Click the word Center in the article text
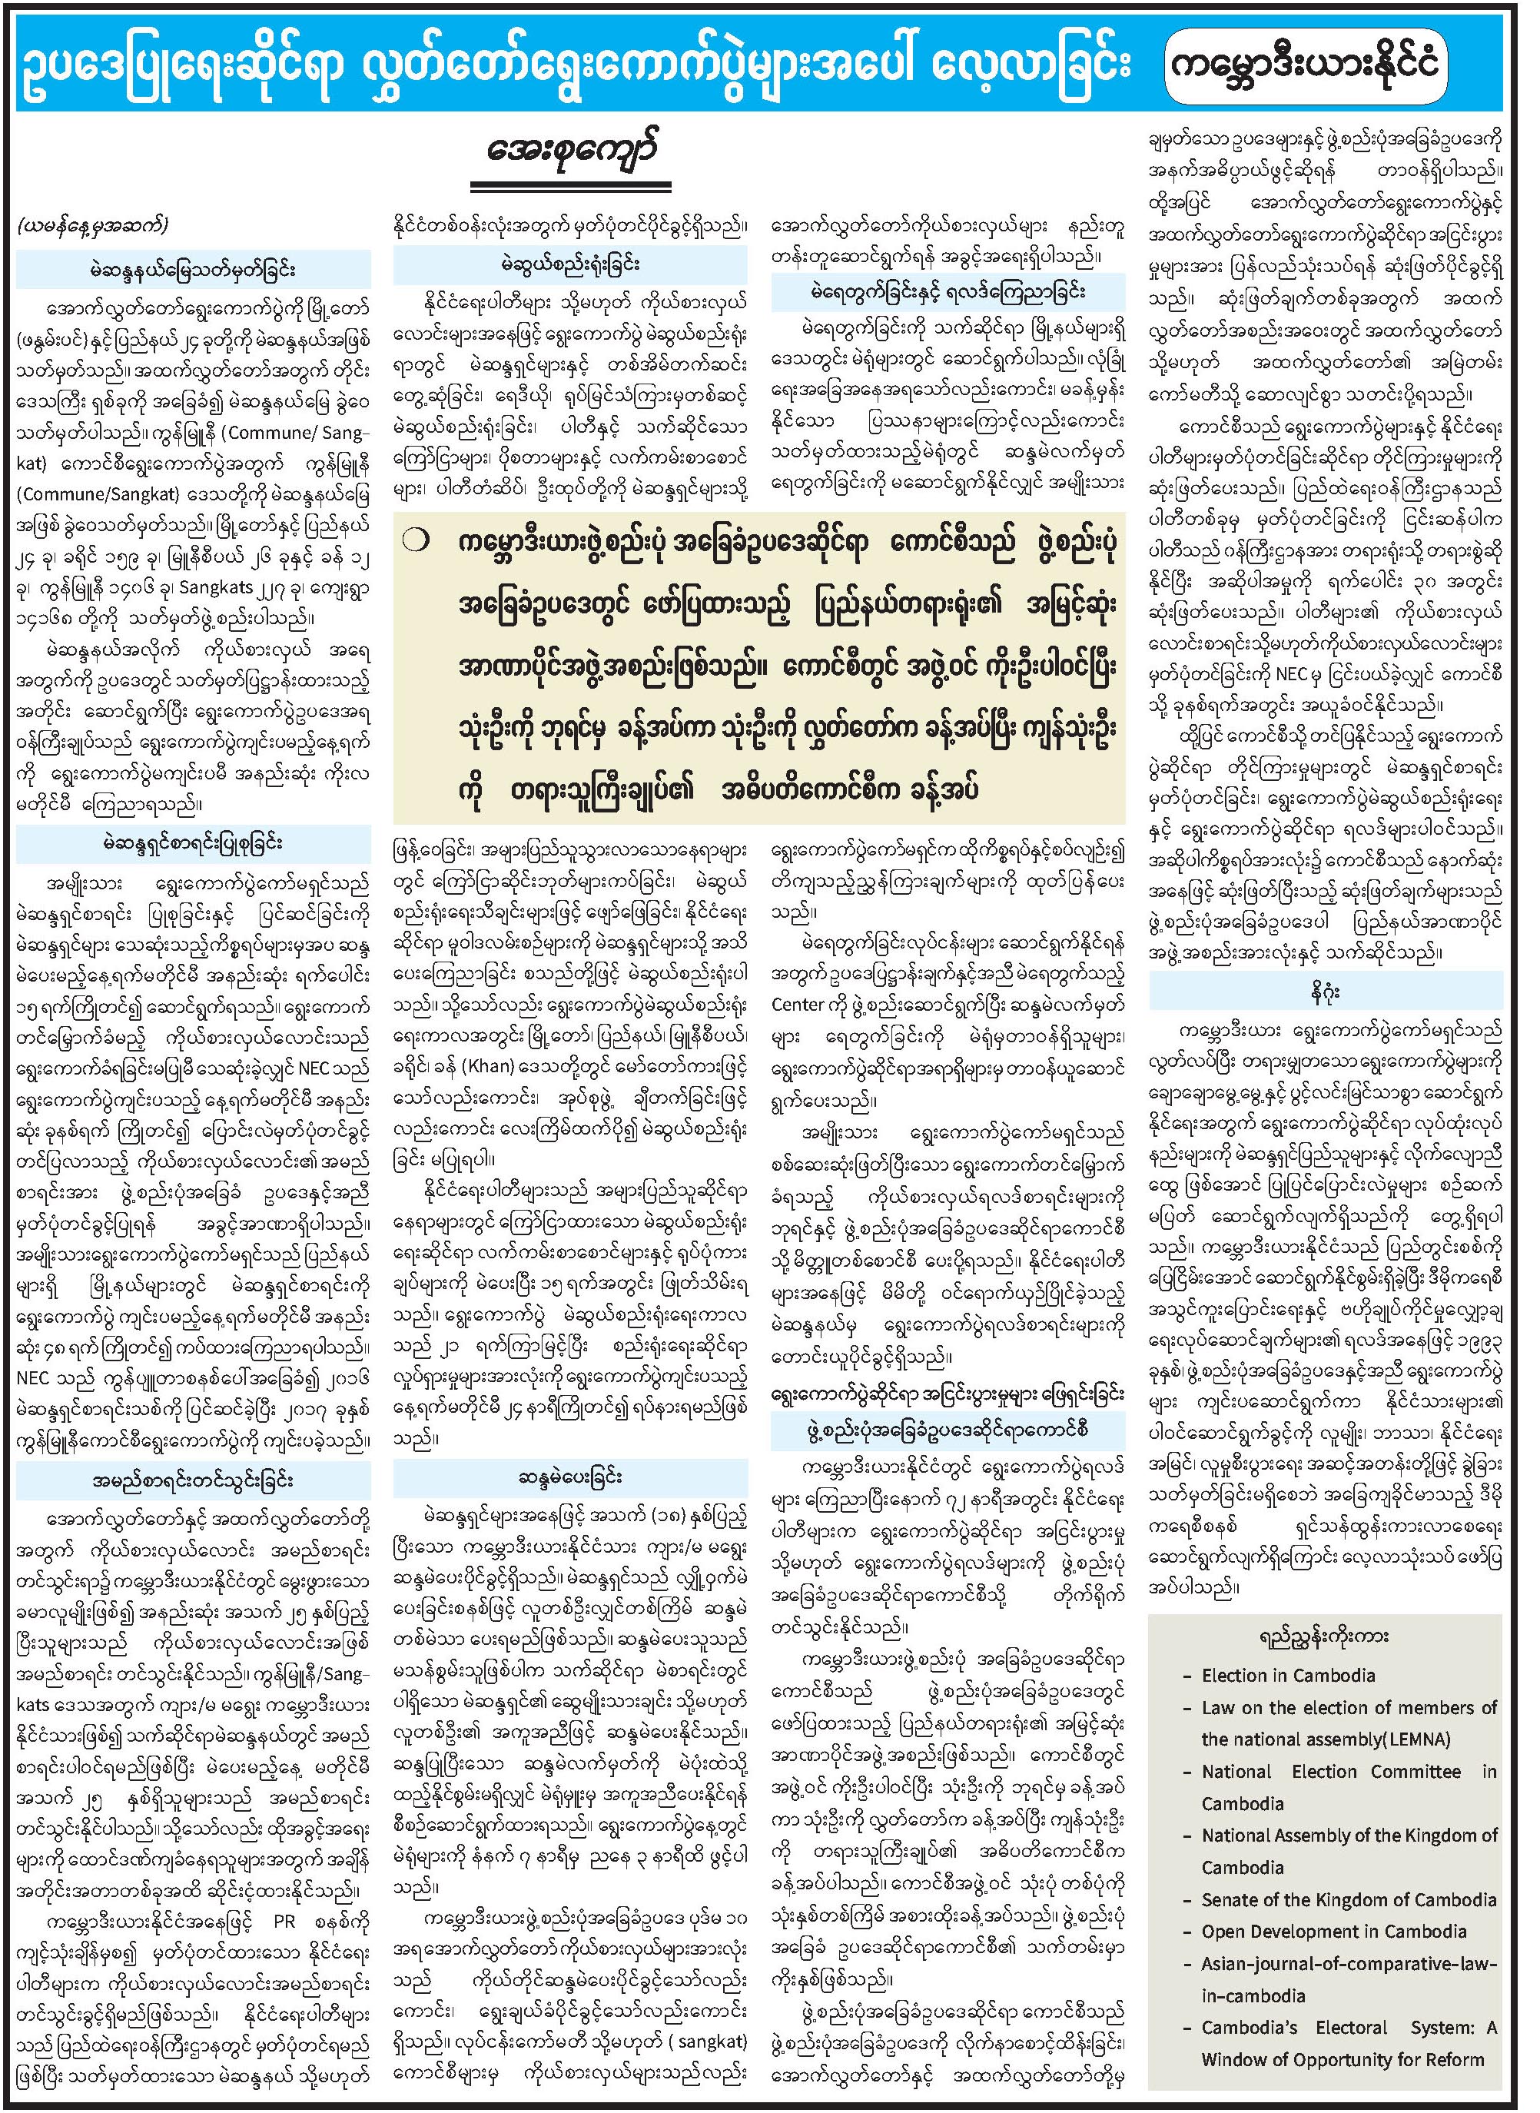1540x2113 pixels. click(x=797, y=1005)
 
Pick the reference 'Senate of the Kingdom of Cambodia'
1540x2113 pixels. click(x=1348, y=1899)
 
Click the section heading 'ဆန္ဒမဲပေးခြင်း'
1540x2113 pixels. click(x=570, y=1477)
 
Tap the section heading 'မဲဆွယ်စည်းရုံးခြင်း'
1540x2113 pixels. click(x=569, y=265)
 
